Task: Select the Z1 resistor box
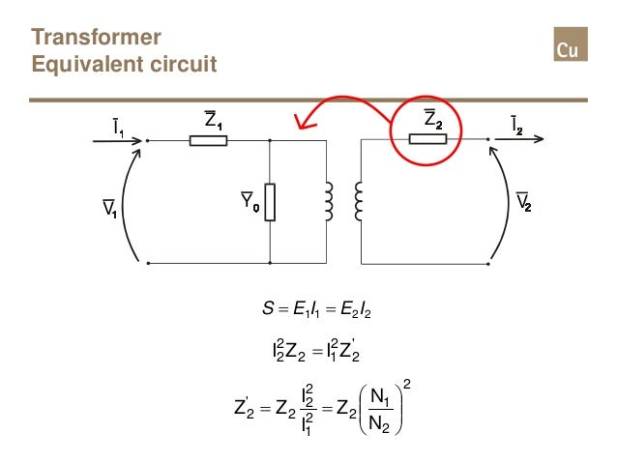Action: point(208,140)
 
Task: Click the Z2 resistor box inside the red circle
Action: point(428,139)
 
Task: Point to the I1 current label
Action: point(117,126)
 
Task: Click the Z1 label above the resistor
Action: point(210,119)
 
